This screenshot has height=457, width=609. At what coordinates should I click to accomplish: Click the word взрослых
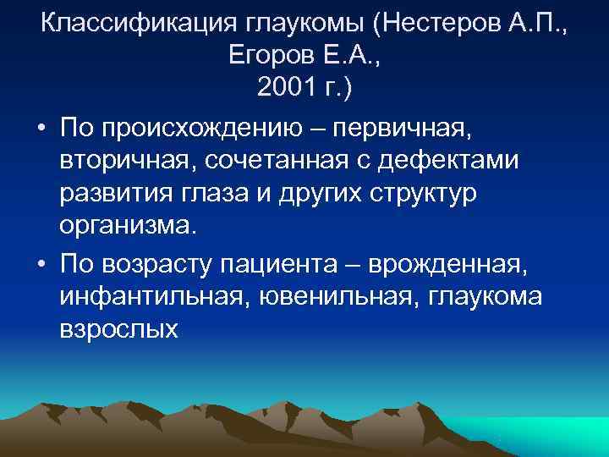[x=119, y=330]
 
